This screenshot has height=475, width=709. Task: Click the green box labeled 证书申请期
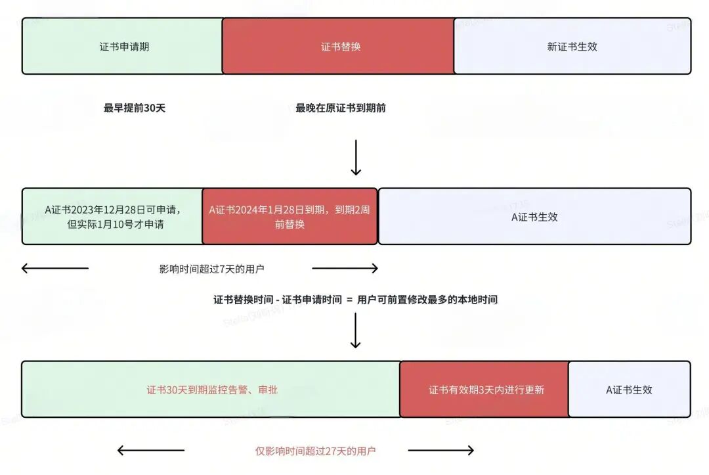point(122,46)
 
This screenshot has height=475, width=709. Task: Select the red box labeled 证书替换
point(338,46)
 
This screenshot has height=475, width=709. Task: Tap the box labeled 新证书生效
point(572,46)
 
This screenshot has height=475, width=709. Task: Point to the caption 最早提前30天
point(135,108)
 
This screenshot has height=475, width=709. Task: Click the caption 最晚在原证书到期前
point(341,108)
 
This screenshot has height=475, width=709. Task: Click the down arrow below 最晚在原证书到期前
point(356,158)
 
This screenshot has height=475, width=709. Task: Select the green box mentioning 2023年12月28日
point(113,217)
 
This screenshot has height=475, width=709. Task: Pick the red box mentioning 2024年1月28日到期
point(290,217)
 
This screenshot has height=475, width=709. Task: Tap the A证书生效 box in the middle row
point(534,217)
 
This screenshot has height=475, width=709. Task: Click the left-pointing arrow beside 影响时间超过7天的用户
point(55,268)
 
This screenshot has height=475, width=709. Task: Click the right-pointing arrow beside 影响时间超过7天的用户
point(345,268)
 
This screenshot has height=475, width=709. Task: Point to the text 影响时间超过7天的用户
point(211,269)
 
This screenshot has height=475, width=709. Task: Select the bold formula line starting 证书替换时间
point(355,300)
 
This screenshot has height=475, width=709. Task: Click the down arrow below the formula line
point(356,330)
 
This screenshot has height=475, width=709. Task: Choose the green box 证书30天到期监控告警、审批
point(211,390)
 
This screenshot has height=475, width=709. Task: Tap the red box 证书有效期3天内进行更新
point(484,390)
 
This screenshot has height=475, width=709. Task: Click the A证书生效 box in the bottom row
point(630,390)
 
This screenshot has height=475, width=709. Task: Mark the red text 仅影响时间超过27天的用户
point(315,451)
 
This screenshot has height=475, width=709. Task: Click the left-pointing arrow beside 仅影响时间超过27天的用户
point(151,450)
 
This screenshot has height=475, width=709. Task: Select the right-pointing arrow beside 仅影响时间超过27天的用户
point(441,450)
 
